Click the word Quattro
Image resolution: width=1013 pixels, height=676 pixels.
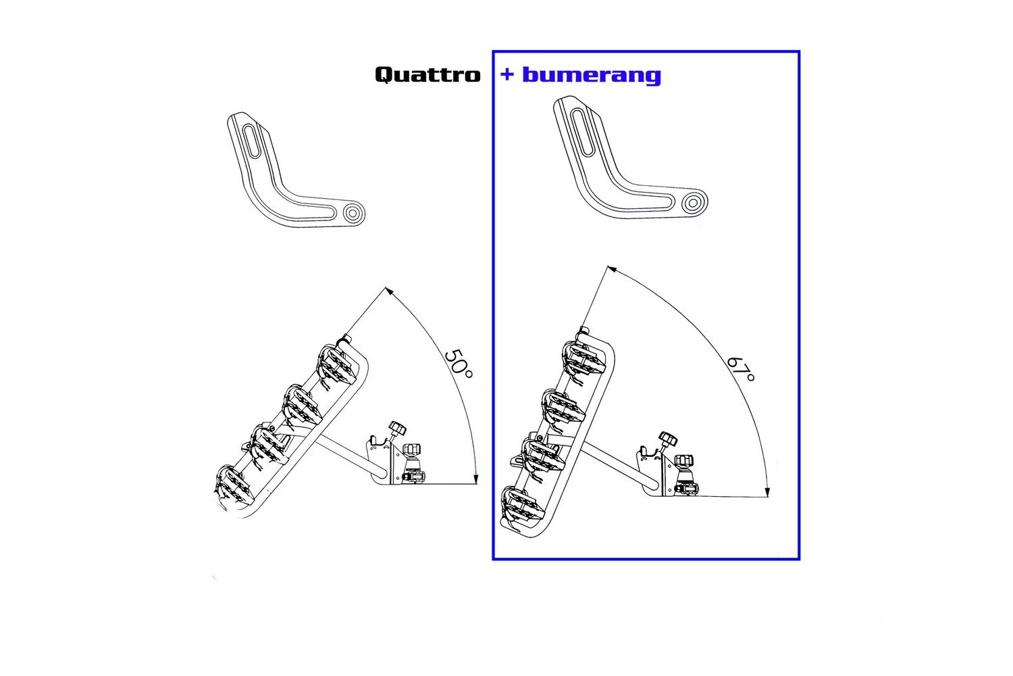point(427,74)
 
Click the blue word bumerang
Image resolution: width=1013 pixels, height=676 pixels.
point(592,74)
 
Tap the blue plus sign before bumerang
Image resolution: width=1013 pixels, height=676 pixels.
point(507,74)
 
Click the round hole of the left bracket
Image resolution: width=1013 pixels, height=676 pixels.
point(353,214)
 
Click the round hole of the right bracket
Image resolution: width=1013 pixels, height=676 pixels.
point(691,202)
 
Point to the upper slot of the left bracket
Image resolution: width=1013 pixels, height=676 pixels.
point(249,141)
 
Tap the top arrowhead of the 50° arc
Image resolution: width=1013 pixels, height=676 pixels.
point(388,290)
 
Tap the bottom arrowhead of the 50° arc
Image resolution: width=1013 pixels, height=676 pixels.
point(476,479)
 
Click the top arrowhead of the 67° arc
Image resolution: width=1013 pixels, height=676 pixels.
point(612,269)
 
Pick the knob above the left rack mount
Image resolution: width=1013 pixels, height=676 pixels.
point(396,428)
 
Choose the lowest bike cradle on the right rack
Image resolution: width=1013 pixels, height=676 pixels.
point(519,506)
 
